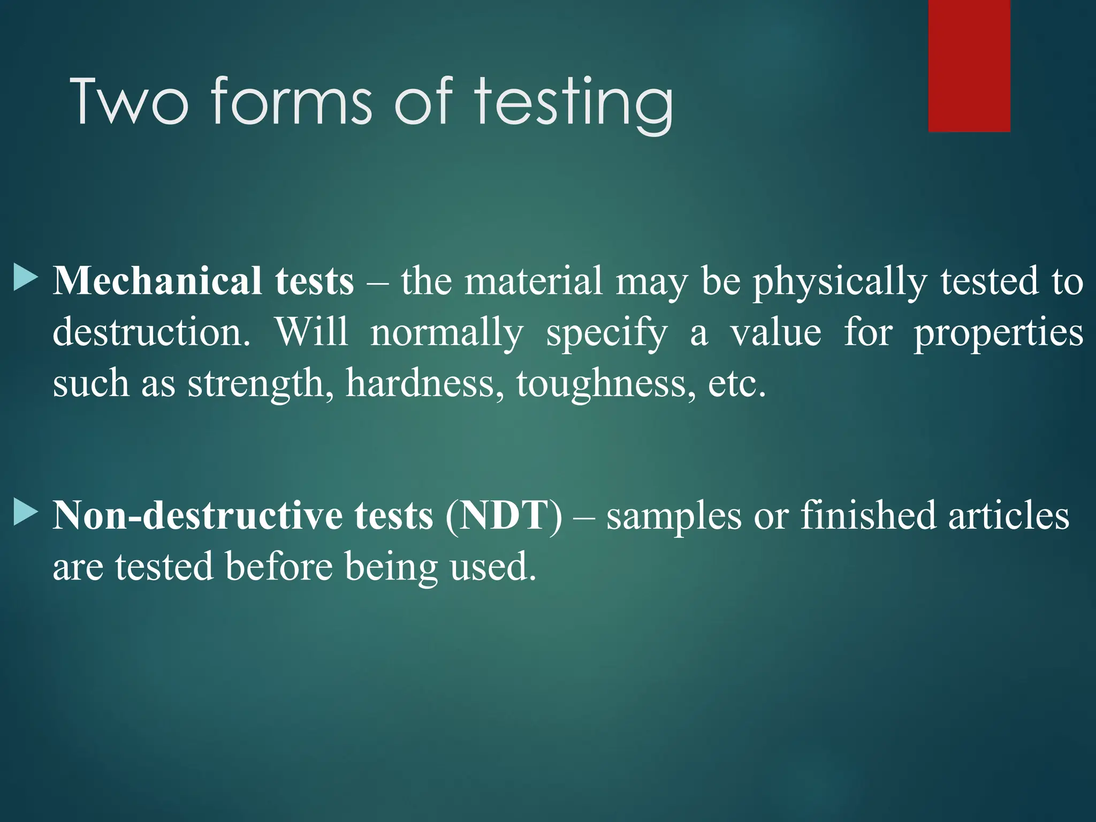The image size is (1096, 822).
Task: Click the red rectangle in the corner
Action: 969,65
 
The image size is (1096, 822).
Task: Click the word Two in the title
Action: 129,102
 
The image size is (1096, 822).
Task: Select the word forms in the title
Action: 291,102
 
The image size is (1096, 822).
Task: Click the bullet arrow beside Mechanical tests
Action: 25,277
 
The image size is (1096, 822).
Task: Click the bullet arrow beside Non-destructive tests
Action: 25,512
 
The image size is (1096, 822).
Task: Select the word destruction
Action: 151,332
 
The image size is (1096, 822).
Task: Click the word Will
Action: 311,332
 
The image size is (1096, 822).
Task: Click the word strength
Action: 256,384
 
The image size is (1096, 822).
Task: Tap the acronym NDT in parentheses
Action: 504,515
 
